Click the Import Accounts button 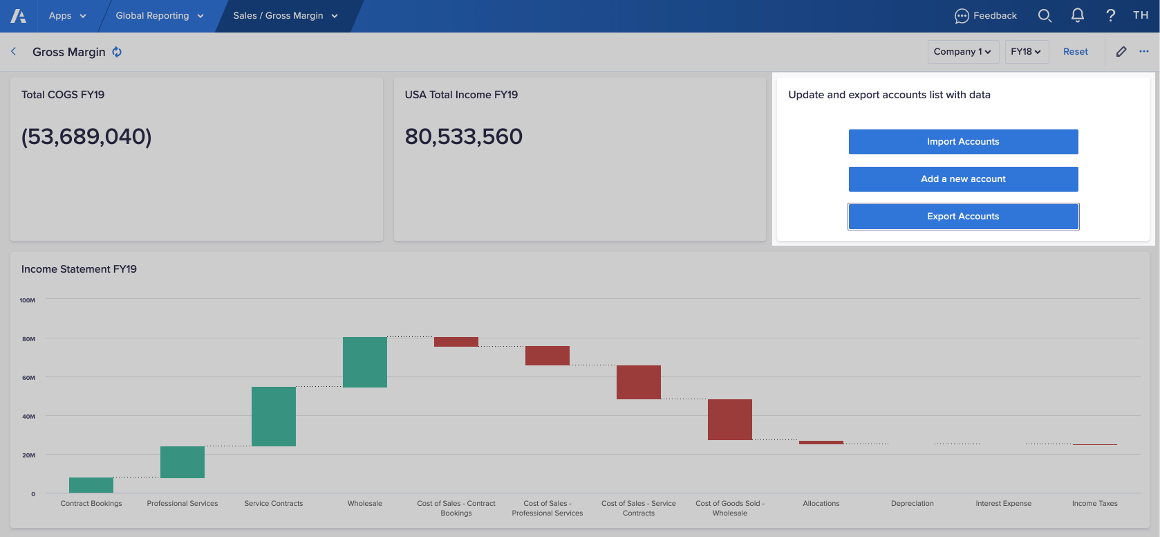coord(963,142)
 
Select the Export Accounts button coord(963,217)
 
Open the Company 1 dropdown coord(962,52)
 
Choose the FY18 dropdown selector coord(1026,52)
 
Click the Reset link coord(1075,52)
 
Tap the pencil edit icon coord(1121,52)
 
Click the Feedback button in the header coord(986,16)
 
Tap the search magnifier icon coord(1045,16)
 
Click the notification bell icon coord(1077,16)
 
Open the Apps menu coord(67,16)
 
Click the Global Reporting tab coord(159,16)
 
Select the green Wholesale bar coord(365,362)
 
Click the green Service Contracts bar coord(274,416)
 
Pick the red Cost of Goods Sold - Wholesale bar coord(730,419)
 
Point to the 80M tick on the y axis coord(28,339)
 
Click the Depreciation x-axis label coord(912,504)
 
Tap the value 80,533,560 coord(463,137)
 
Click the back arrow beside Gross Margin coord(14,52)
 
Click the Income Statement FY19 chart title coord(79,269)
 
